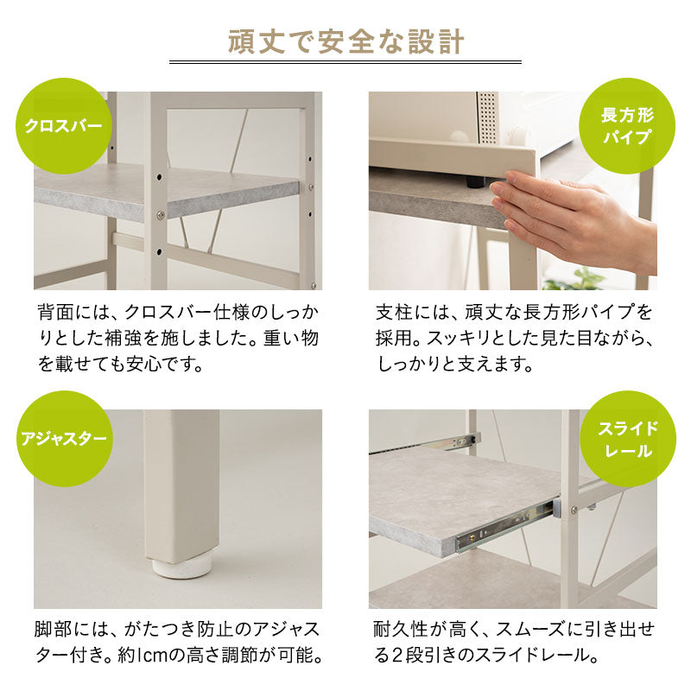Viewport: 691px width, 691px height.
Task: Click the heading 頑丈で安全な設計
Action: (x=345, y=41)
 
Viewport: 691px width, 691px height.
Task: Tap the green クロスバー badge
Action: (x=63, y=125)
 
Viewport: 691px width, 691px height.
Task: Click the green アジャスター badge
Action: (x=63, y=439)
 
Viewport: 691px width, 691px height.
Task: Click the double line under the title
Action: (x=345, y=62)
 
